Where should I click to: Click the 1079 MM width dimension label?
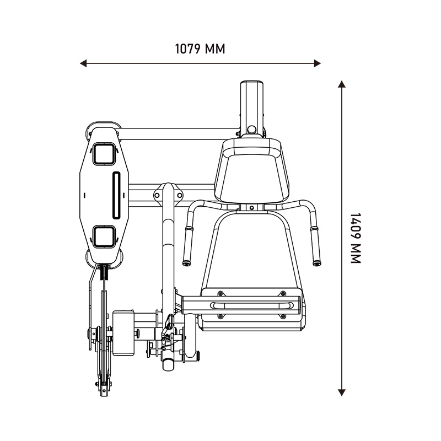point(200,49)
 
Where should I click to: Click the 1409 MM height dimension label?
point(356,238)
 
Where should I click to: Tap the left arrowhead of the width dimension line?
point(83,63)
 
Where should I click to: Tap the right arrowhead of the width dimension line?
point(318,63)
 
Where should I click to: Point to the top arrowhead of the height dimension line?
point(342,84)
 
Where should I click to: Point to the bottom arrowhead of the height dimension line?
point(342,392)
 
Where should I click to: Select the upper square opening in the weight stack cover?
point(104,154)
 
